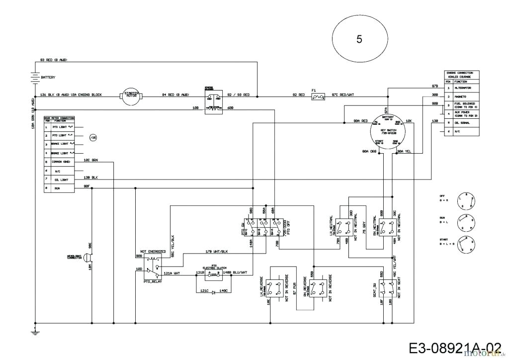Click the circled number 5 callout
pos(359,39)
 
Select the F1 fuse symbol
pos(317,97)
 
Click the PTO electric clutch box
pos(214,273)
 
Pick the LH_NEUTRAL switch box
pos(342,228)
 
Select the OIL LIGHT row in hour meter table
pos(59,180)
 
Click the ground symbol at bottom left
pos(34,332)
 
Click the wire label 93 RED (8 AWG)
pos(53,60)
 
